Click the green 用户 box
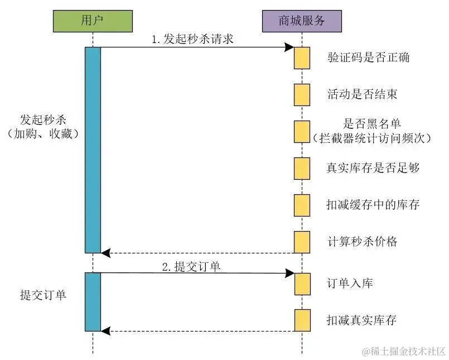point(93,22)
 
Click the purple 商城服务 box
point(302,22)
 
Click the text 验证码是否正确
point(368,57)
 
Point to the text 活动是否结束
point(363,94)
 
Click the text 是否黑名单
point(373,123)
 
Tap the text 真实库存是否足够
point(373,167)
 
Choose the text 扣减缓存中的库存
point(373,205)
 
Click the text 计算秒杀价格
point(363,242)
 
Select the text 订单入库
point(350,284)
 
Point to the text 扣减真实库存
point(361,320)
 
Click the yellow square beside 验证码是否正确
point(302,58)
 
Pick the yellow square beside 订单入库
point(302,284)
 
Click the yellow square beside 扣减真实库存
point(302,320)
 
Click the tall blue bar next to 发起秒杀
point(93,150)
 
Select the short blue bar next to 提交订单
point(93,301)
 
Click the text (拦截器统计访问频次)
point(373,137)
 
